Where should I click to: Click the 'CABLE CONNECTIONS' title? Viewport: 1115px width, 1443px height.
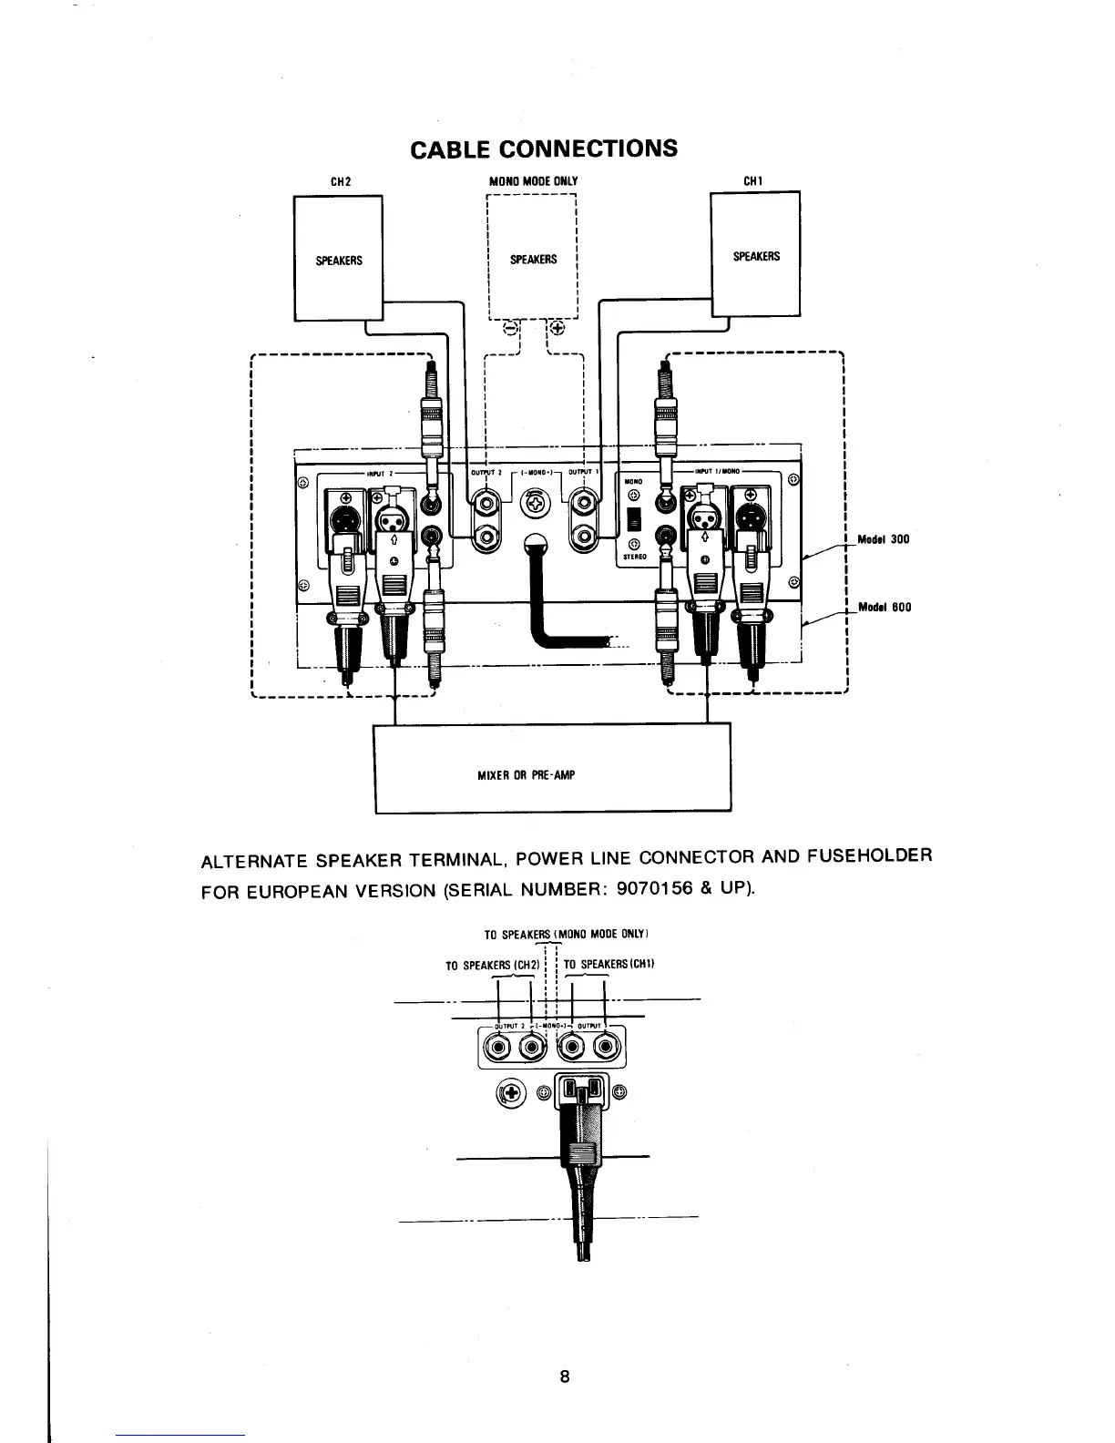click(x=544, y=148)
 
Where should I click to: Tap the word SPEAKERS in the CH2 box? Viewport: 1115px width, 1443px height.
click(x=339, y=261)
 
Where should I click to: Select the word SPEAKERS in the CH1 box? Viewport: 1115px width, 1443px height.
click(x=756, y=256)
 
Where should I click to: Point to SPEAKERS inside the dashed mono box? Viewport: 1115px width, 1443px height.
click(x=533, y=260)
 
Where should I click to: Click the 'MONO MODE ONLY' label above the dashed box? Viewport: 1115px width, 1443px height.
click(x=534, y=180)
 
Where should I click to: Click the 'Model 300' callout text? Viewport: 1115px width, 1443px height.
click(x=883, y=539)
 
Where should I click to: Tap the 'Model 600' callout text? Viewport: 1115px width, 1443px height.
click(x=884, y=607)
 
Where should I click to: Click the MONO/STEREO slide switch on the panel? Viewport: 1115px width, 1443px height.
click(x=635, y=520)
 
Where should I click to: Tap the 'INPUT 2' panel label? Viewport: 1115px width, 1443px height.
click(x=377, y=473)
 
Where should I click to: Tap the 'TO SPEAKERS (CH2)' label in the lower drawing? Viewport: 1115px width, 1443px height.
click(x=492, y=965)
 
